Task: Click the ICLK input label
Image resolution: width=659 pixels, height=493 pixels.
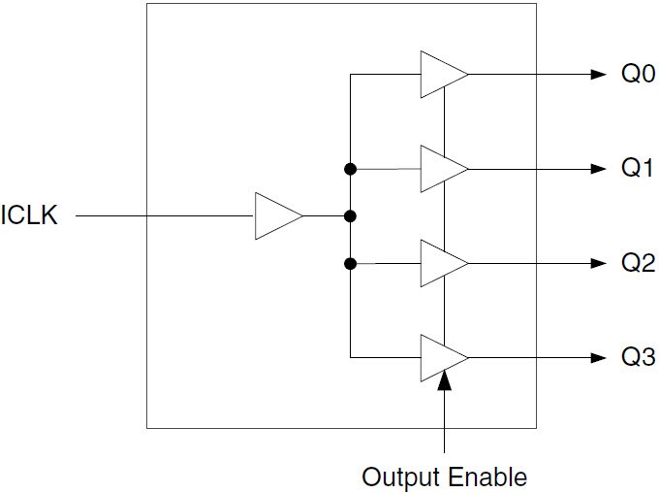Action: [x=30, y=215]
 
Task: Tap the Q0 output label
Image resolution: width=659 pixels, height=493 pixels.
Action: [x=638, y=75]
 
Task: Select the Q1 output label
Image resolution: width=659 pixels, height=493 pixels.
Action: [x=638, y=169]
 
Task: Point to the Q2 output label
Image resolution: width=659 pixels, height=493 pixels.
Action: [x=638, y=263]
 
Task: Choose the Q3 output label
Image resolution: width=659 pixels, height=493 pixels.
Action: [x=638, y=357]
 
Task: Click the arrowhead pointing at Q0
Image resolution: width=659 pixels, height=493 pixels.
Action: [x=596, y=75]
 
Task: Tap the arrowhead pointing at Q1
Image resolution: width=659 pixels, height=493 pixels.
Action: [x=596, y=169]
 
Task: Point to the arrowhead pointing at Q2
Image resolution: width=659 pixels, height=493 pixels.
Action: [x=596, y=263]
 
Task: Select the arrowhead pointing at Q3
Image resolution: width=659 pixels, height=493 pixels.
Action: [x=596, y=357]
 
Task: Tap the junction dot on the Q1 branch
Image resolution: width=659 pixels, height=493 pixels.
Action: [x=351, y=169]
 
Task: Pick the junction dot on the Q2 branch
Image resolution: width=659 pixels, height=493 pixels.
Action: [x=351, y=263]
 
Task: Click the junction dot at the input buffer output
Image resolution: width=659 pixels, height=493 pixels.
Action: [x=351, y=215]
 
